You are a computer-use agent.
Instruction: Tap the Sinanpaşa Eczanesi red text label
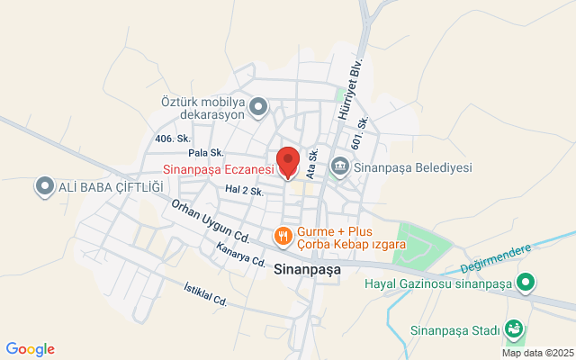coord(220,168)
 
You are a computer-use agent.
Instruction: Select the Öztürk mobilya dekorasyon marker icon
coord(258,108)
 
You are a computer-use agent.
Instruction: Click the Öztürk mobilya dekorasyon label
coord(204,108)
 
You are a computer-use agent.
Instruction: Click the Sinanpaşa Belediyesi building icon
coord(340,166)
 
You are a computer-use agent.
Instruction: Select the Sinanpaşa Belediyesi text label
coord(413,166)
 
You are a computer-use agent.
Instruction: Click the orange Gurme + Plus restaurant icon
coord(283,236)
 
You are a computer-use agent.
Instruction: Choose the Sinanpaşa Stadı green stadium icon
coord(514,329)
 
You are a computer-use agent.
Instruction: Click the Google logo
coord(30,349)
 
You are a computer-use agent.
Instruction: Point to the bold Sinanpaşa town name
coord(305,267)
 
